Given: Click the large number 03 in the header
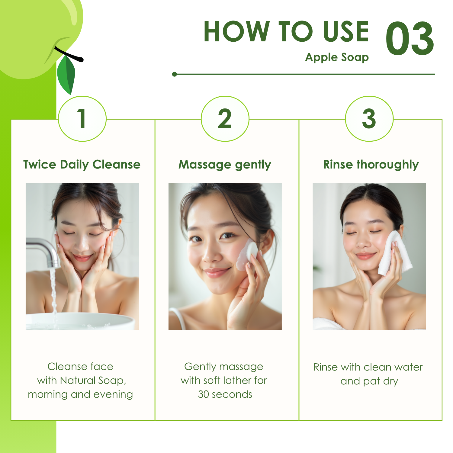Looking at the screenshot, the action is (x=410, y=39).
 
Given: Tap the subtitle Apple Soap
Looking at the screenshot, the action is (x=337, y=57).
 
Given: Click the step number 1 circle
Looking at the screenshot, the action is (x=82, y=119).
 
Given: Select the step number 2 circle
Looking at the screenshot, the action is (x=225, y=119).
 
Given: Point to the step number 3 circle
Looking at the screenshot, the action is (x=369, y=119).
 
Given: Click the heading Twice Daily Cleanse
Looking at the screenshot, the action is (x=82, y=165).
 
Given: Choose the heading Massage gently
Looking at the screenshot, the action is (x=225, y=165).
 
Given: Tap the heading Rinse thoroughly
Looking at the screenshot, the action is (x=371, y=165).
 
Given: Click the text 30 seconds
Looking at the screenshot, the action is (x=225, y=394).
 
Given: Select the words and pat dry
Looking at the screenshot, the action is (x=369, y=381).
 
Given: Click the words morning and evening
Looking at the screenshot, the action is (x=80, y=395).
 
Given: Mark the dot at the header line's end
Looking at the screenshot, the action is (x=174, y=74).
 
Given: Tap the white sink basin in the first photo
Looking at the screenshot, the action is (x=80, y=321).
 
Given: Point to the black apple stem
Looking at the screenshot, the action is (x=69, y=55).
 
